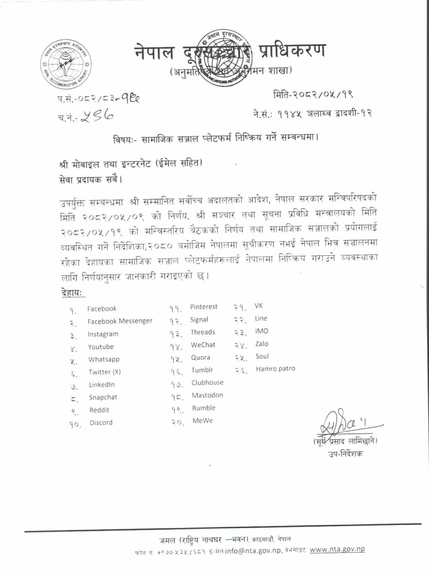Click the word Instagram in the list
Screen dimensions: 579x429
103,334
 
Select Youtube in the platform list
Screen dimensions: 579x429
101,347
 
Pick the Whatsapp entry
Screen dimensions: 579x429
104,359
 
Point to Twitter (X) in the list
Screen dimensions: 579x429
107,372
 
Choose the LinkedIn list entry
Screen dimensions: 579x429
102,385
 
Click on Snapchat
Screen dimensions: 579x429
103,398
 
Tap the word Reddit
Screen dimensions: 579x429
99,410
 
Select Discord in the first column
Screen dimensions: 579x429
101,423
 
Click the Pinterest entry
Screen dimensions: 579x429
204,307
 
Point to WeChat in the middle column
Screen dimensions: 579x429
203,345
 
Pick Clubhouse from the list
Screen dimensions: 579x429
207,383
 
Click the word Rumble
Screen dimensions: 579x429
203,408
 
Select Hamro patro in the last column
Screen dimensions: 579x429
275,369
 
